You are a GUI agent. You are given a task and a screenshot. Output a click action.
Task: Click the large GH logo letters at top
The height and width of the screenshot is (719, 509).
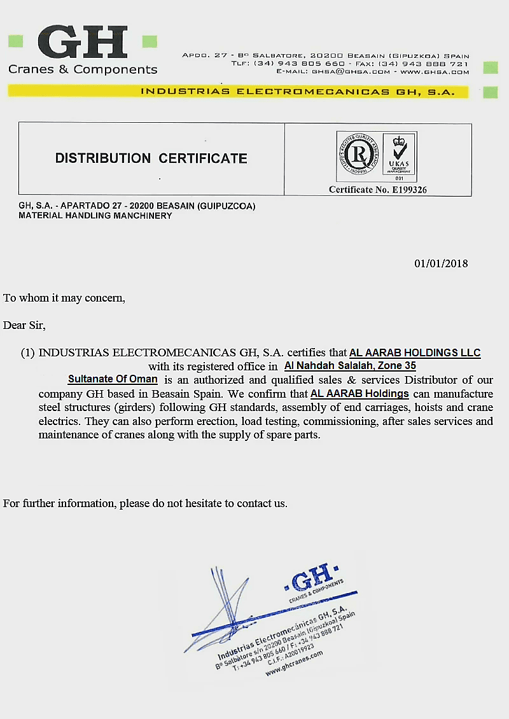point(83,43)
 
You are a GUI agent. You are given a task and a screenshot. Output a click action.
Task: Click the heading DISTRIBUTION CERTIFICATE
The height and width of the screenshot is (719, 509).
point(151,158)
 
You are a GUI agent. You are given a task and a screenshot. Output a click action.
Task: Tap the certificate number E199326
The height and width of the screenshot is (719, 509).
point(377,190)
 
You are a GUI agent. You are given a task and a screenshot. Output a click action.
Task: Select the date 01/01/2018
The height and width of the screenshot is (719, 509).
point(441,263)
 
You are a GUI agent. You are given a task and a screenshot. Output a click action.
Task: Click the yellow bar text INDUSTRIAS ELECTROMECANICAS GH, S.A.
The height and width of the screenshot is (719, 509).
point(297,92)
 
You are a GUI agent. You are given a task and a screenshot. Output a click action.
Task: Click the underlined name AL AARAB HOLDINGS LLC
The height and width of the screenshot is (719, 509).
point(415,353)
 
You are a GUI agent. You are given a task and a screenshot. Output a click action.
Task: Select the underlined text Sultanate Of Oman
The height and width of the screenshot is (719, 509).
point(113,379)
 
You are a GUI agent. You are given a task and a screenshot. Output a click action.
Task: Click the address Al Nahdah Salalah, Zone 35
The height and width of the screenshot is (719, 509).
point(350,366)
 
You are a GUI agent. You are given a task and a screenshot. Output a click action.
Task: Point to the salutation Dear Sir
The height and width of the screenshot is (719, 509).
point(24,325)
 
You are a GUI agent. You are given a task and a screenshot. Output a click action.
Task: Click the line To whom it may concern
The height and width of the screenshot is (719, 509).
point(64,298)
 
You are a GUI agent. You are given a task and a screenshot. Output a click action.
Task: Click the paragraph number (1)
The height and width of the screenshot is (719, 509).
point(27,353)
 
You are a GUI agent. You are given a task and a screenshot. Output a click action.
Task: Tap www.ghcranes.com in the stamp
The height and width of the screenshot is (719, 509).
point(294,662)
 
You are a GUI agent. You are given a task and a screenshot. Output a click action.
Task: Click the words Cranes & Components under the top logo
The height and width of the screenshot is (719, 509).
point(83,69)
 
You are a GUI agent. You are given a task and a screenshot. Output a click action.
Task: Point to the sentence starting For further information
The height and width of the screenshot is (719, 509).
point(145,503)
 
